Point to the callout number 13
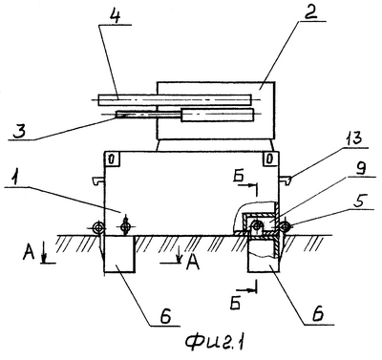point(353,138)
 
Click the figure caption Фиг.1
point(216,343)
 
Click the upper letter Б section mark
point(238,177)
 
